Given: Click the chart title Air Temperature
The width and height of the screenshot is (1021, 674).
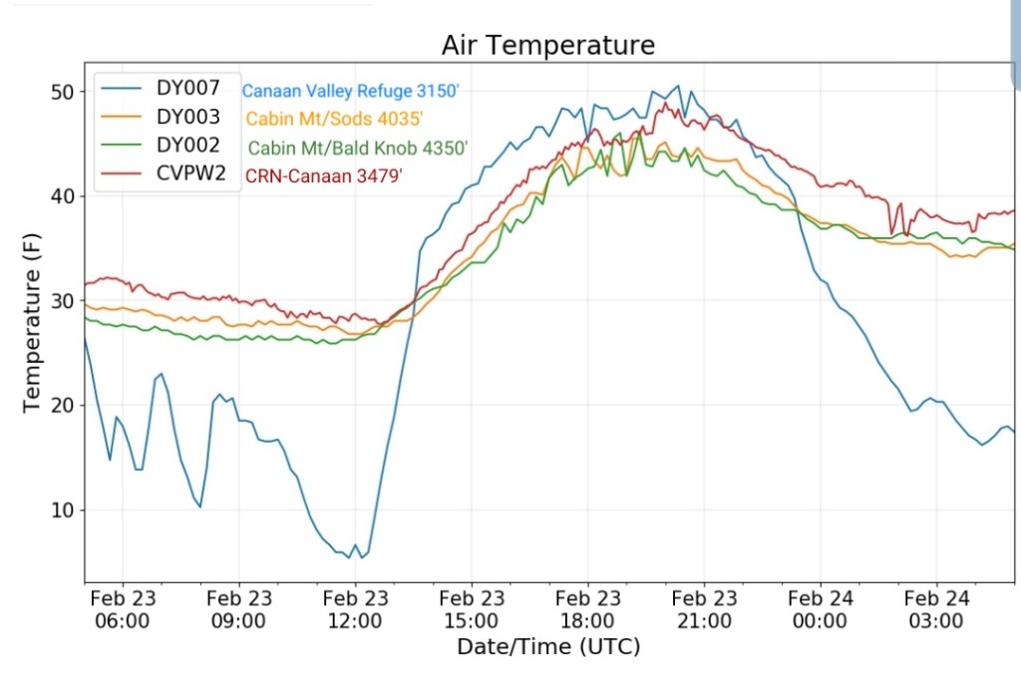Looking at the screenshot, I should [548, 46].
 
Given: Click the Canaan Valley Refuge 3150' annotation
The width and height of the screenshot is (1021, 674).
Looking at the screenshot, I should [350, 91].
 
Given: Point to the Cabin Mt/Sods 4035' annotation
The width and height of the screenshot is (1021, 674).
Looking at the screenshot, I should [335, 119].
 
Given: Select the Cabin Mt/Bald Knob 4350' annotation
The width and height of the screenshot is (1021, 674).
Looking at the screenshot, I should [358, 148].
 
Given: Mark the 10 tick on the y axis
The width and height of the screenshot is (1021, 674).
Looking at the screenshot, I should [63, 510].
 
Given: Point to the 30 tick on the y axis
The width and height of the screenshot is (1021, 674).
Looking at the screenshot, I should [63, 301].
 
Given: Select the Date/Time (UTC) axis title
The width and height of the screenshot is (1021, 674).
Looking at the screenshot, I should [548, 647].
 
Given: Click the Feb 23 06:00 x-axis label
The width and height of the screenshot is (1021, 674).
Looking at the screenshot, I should [124, 610].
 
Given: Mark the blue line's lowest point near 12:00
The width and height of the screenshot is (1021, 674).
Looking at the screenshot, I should [349, 557].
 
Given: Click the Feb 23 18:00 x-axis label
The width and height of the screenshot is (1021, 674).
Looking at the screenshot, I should [588, 610].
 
